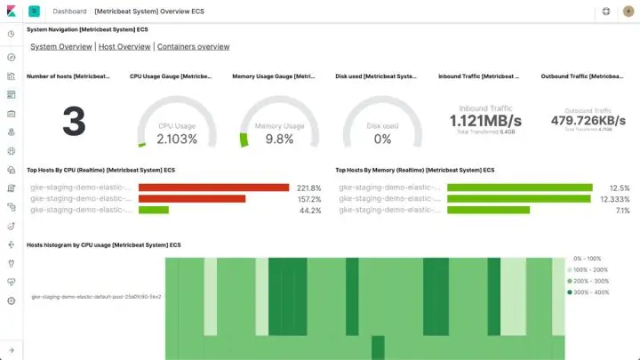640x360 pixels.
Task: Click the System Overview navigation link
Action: (61, 46)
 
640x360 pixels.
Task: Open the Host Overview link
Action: (124, 46)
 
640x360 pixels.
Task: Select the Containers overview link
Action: (194, 46)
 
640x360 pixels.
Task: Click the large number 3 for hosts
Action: (74, 123)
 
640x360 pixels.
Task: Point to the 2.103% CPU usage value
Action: (177, 139)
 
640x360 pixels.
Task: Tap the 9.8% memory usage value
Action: (279, 139)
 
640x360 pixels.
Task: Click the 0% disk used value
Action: (382, 139)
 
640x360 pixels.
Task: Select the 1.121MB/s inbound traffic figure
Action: (485, 121)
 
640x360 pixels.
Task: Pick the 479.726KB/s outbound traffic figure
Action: (588, 121)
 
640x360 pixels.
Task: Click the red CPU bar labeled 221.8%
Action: (214, 188)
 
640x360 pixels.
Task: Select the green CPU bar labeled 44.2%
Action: (154, 211)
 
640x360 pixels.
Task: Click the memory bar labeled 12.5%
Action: (520, 188)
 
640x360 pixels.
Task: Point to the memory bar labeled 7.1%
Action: (489, 211)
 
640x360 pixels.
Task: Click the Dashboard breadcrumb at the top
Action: (69, 12)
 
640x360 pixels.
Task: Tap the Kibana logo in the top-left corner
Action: (11, 12)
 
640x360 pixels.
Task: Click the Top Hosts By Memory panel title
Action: (415, 169)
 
